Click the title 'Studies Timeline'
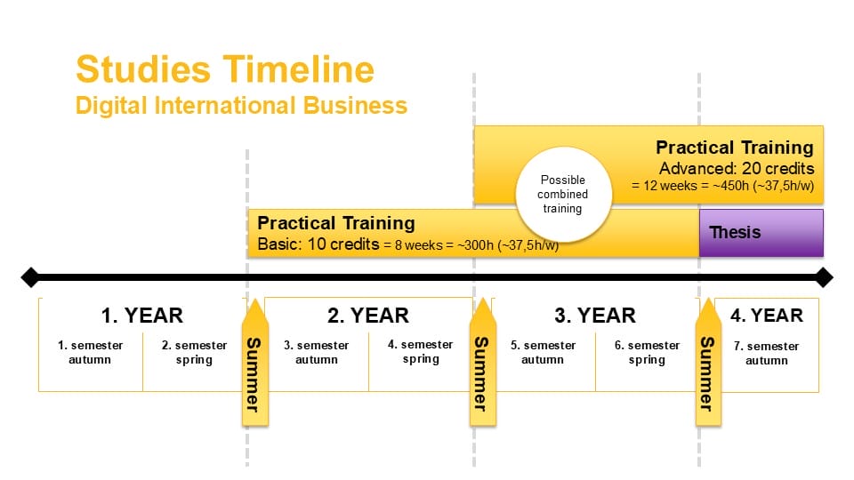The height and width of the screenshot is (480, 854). [225, 69]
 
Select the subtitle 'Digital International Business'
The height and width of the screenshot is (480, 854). [241, 105]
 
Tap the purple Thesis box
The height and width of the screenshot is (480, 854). [761, 233]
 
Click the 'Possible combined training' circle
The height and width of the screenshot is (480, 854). [563, 195]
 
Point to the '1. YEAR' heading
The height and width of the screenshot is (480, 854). [142, 316]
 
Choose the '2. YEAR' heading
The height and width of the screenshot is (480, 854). [368, 316]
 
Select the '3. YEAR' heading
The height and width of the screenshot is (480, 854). [595, 316]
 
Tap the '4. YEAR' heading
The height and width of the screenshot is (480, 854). [766, 316]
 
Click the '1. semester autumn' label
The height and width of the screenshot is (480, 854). [90, 352]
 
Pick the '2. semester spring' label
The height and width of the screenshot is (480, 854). [195, 352]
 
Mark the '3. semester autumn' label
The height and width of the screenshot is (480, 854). [317, 352]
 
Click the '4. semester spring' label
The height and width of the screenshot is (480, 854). [421, 352]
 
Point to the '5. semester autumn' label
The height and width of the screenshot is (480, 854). [543, 352]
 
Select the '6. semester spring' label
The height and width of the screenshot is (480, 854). [647, 352]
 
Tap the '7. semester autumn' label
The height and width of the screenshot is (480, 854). [766, 353]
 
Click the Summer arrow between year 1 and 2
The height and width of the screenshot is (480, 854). [255, 363]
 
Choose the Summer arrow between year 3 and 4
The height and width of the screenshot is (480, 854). [708, 363]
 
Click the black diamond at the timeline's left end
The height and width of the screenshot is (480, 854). [30, 277]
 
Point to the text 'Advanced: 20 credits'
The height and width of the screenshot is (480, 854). [737, 168]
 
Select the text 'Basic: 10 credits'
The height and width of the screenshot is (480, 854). [318, 244]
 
